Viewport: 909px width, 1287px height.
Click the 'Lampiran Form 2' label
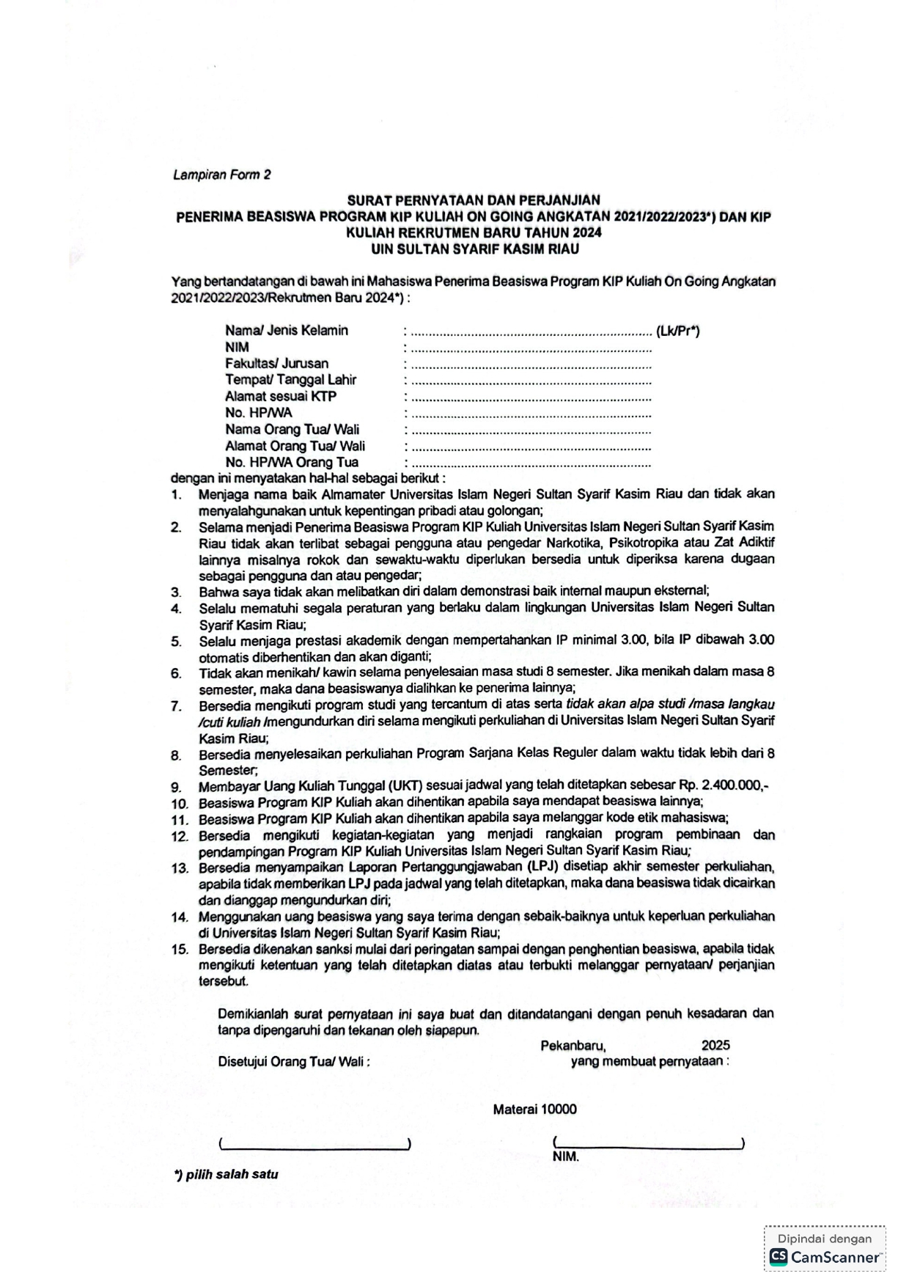[222, 175]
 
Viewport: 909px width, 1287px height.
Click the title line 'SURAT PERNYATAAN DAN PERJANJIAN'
[474, 200]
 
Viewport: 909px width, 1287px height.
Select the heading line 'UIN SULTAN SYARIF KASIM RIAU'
[474, 249]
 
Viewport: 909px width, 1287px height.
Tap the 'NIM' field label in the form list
[237, 347]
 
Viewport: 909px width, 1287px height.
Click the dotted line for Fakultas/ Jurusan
[531, 364]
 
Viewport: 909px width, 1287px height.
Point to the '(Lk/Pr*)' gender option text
[678, 331]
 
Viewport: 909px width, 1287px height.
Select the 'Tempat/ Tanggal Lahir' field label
[290, 380]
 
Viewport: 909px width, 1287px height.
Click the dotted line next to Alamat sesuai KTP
[531, 397]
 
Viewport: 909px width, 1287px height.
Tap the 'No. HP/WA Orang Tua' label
[292, 463]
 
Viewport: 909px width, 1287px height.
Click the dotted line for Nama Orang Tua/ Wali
[531, 430]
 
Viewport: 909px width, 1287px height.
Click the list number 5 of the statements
[176, 642]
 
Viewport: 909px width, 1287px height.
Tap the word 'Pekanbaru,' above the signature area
[573, 1046]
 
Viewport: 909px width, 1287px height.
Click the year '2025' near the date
[715, 1046]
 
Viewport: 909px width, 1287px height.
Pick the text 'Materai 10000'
[534, 1110]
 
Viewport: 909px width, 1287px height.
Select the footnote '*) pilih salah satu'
[227, 1174]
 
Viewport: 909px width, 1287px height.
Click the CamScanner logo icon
[778, 1257]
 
